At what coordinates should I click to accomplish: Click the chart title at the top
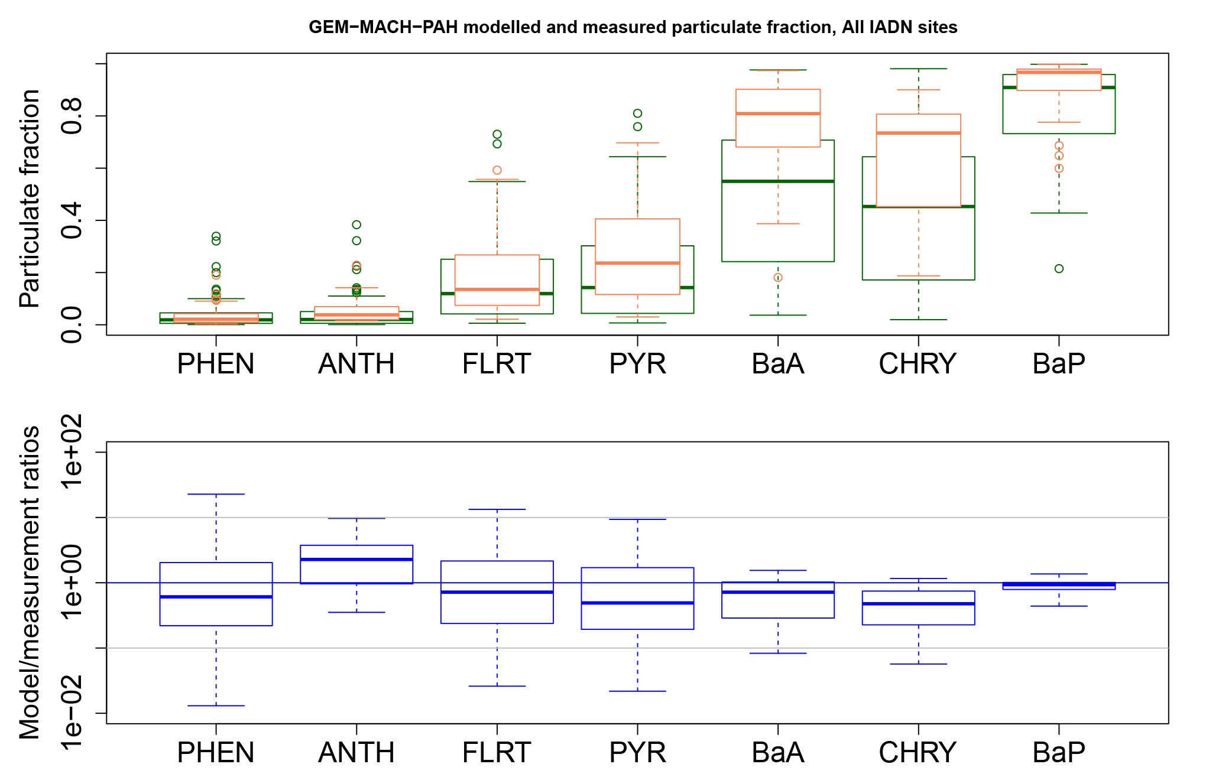pos(633,27)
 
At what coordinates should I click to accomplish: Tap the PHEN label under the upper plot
pos(216,364)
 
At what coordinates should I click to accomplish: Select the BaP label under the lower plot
pos(1058,752)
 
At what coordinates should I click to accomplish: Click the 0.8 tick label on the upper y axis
pos(72,116)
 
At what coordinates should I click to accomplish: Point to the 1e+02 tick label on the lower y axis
pos(72,452)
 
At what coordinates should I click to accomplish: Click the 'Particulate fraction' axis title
pos(30,199)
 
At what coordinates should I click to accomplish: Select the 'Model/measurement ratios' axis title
pos(30,582)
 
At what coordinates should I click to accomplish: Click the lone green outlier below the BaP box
pos(1059,269)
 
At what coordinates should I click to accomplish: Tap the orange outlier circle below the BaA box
pos(778,278)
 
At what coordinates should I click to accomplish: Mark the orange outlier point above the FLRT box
pos(497,170)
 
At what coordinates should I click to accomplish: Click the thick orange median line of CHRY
pos(918,133)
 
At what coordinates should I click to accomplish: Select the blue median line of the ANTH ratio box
pos(356,559)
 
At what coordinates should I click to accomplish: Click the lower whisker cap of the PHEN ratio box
pos(216,706)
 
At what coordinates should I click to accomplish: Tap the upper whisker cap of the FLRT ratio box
pos(497,509)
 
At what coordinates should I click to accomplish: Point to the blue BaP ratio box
pos(1059,586)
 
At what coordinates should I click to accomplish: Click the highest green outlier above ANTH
pos(356,225)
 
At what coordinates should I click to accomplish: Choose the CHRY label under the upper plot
pos(918,364)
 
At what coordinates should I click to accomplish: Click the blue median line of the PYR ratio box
pos(637,603)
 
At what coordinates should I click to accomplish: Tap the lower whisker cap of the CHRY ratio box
pos(918,664)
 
